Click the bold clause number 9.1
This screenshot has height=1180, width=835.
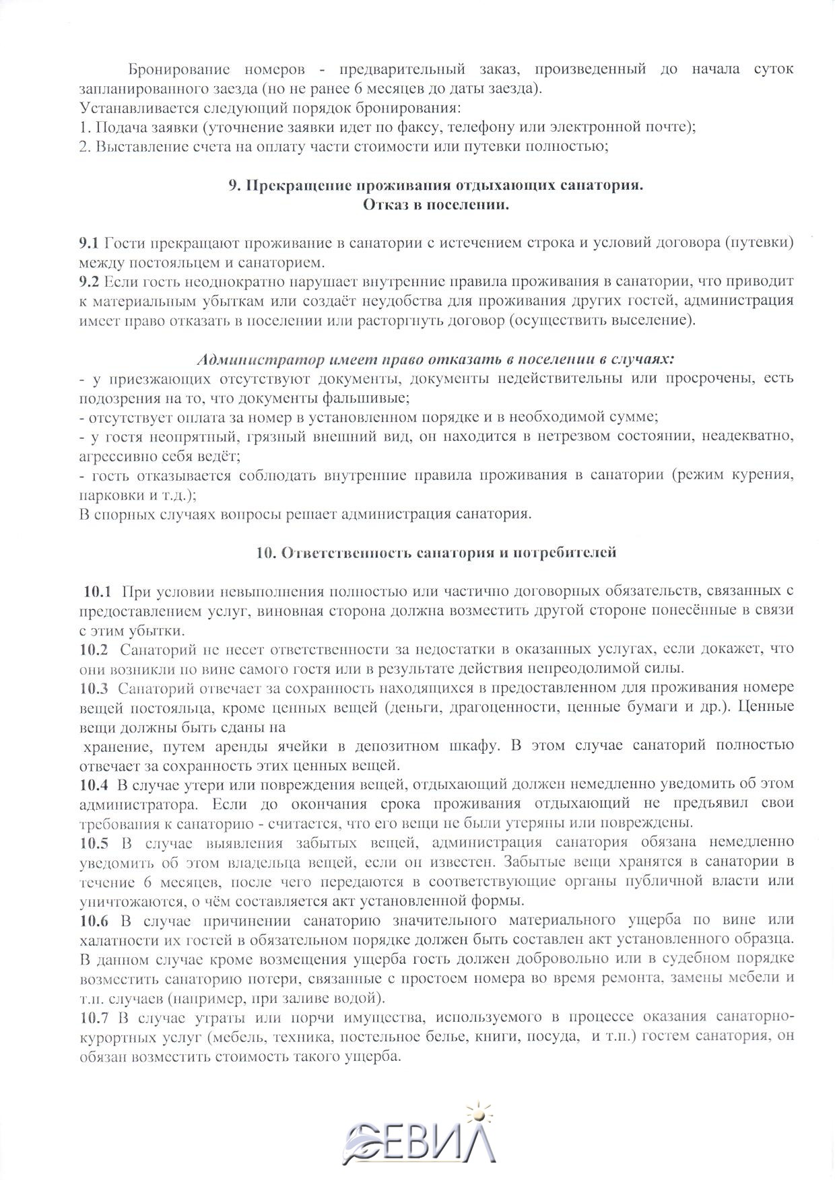[89, 242]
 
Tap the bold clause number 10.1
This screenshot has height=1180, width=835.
[97, 592]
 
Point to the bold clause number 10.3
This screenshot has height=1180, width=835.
[94, 687]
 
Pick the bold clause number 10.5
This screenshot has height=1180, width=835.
[94, 841]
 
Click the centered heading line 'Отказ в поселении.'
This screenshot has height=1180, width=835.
[436, 205]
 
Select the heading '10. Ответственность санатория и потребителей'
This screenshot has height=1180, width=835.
[436, 553]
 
